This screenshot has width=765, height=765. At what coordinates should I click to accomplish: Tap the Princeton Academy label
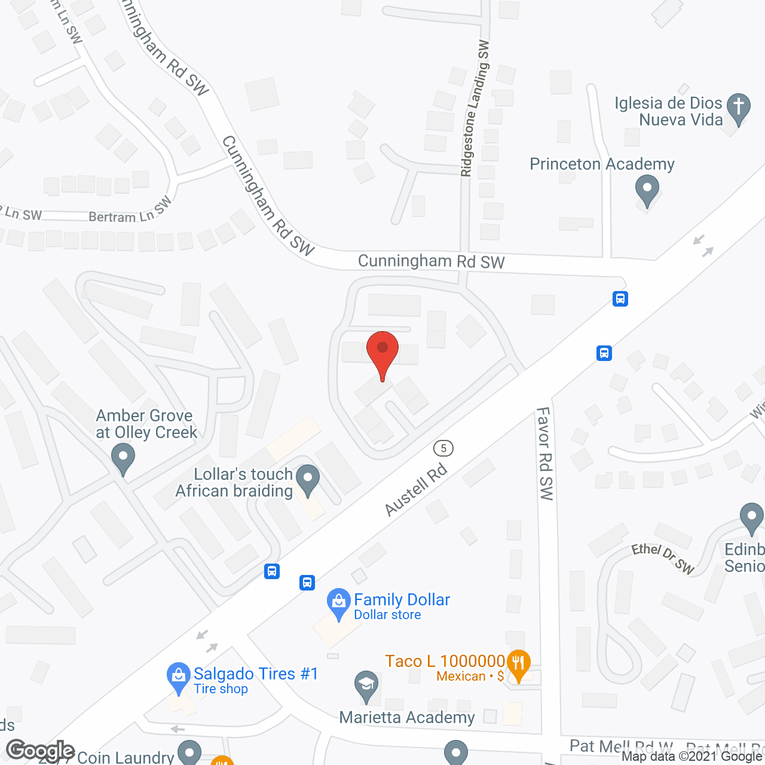[x=602, y=164]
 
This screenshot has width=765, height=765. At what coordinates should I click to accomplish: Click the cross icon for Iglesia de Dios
[x=739, y=108]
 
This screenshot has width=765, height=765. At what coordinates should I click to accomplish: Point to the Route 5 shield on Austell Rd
[x=443, y=448]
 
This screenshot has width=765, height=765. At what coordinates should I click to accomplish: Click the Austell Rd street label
[x=416, y=489]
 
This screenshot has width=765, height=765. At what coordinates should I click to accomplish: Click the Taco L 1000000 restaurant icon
[x=518, y=663]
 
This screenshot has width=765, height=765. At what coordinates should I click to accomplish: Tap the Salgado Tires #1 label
[x=255, y=674]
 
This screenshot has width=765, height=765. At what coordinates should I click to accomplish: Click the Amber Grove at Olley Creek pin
[x=123, y=460]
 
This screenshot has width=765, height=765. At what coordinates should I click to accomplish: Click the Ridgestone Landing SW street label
[x=475, y=108]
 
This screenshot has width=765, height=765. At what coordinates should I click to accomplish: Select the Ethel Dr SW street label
[x=663, y=558]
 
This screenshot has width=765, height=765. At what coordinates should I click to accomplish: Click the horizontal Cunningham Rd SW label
[x=431, y=261]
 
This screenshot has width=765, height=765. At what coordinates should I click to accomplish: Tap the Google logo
[x=40, y=751]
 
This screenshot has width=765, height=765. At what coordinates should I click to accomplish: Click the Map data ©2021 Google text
[x=692, y=757]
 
